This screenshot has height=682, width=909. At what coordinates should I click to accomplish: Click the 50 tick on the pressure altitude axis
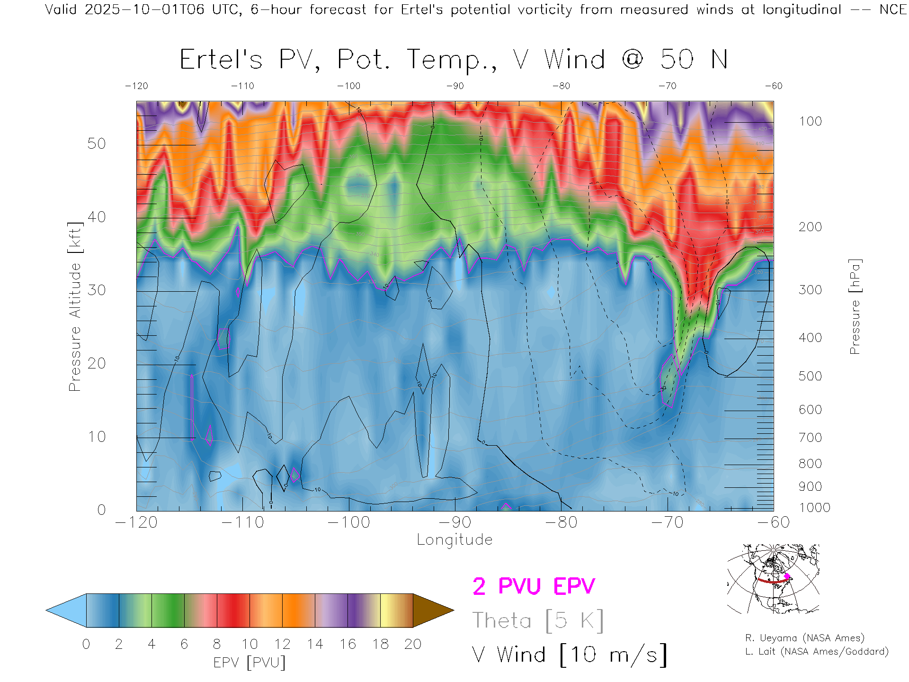96,144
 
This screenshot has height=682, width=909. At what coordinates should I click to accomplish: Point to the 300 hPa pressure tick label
810,290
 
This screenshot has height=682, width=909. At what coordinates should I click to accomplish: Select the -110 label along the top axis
242,86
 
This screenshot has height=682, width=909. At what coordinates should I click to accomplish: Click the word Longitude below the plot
454,540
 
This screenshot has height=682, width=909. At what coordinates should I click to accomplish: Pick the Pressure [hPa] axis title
855,307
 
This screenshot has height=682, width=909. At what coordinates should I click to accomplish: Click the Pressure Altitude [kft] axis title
75,307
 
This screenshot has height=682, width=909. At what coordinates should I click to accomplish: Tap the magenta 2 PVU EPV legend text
534,586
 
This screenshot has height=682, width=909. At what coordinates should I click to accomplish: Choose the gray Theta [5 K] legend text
538,620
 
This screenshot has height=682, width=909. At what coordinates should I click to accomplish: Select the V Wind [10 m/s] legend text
570,655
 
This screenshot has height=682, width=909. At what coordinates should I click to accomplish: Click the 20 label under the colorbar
413,644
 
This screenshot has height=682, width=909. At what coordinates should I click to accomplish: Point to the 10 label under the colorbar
250,644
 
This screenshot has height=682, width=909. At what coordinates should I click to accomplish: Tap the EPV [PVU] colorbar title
250,663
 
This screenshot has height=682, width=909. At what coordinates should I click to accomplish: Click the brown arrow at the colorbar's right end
432,610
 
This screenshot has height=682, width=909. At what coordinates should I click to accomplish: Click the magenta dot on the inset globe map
787,576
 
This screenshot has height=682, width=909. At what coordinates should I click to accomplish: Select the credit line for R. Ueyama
805,638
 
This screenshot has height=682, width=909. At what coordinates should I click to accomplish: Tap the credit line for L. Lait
817,652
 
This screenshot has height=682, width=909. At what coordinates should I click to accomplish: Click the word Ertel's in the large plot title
221,60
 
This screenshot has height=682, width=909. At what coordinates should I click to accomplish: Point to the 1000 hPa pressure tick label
814,508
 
